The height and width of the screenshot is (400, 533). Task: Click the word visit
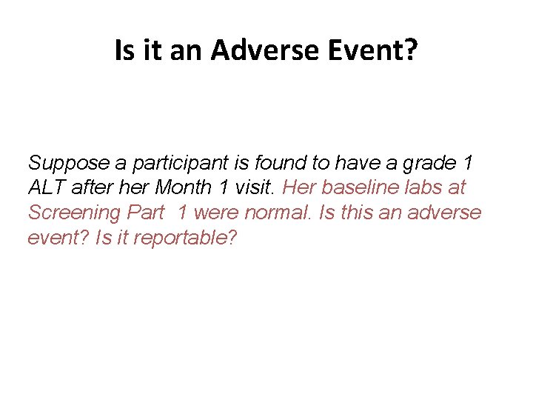241,187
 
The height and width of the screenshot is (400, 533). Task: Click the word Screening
74,213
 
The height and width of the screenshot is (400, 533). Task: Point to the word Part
145,213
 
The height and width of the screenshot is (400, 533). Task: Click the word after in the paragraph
93,187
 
